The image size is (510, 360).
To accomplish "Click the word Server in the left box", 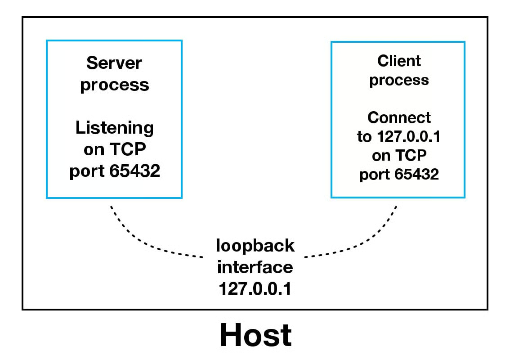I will coord(114,63).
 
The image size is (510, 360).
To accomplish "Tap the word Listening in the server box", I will coord(114,128).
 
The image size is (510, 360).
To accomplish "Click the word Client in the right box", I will coord(399,61).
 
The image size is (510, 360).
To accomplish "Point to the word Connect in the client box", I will coord(399,117).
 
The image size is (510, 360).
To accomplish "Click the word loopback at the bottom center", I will coord(255,246).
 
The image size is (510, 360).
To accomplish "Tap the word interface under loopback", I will coord(255,267).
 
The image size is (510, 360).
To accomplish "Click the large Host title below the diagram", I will coord(255,335).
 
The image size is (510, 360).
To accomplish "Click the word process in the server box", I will coord(114,85).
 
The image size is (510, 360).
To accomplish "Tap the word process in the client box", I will coord(399,81).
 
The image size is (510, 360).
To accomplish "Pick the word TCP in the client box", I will coord(411,156).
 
